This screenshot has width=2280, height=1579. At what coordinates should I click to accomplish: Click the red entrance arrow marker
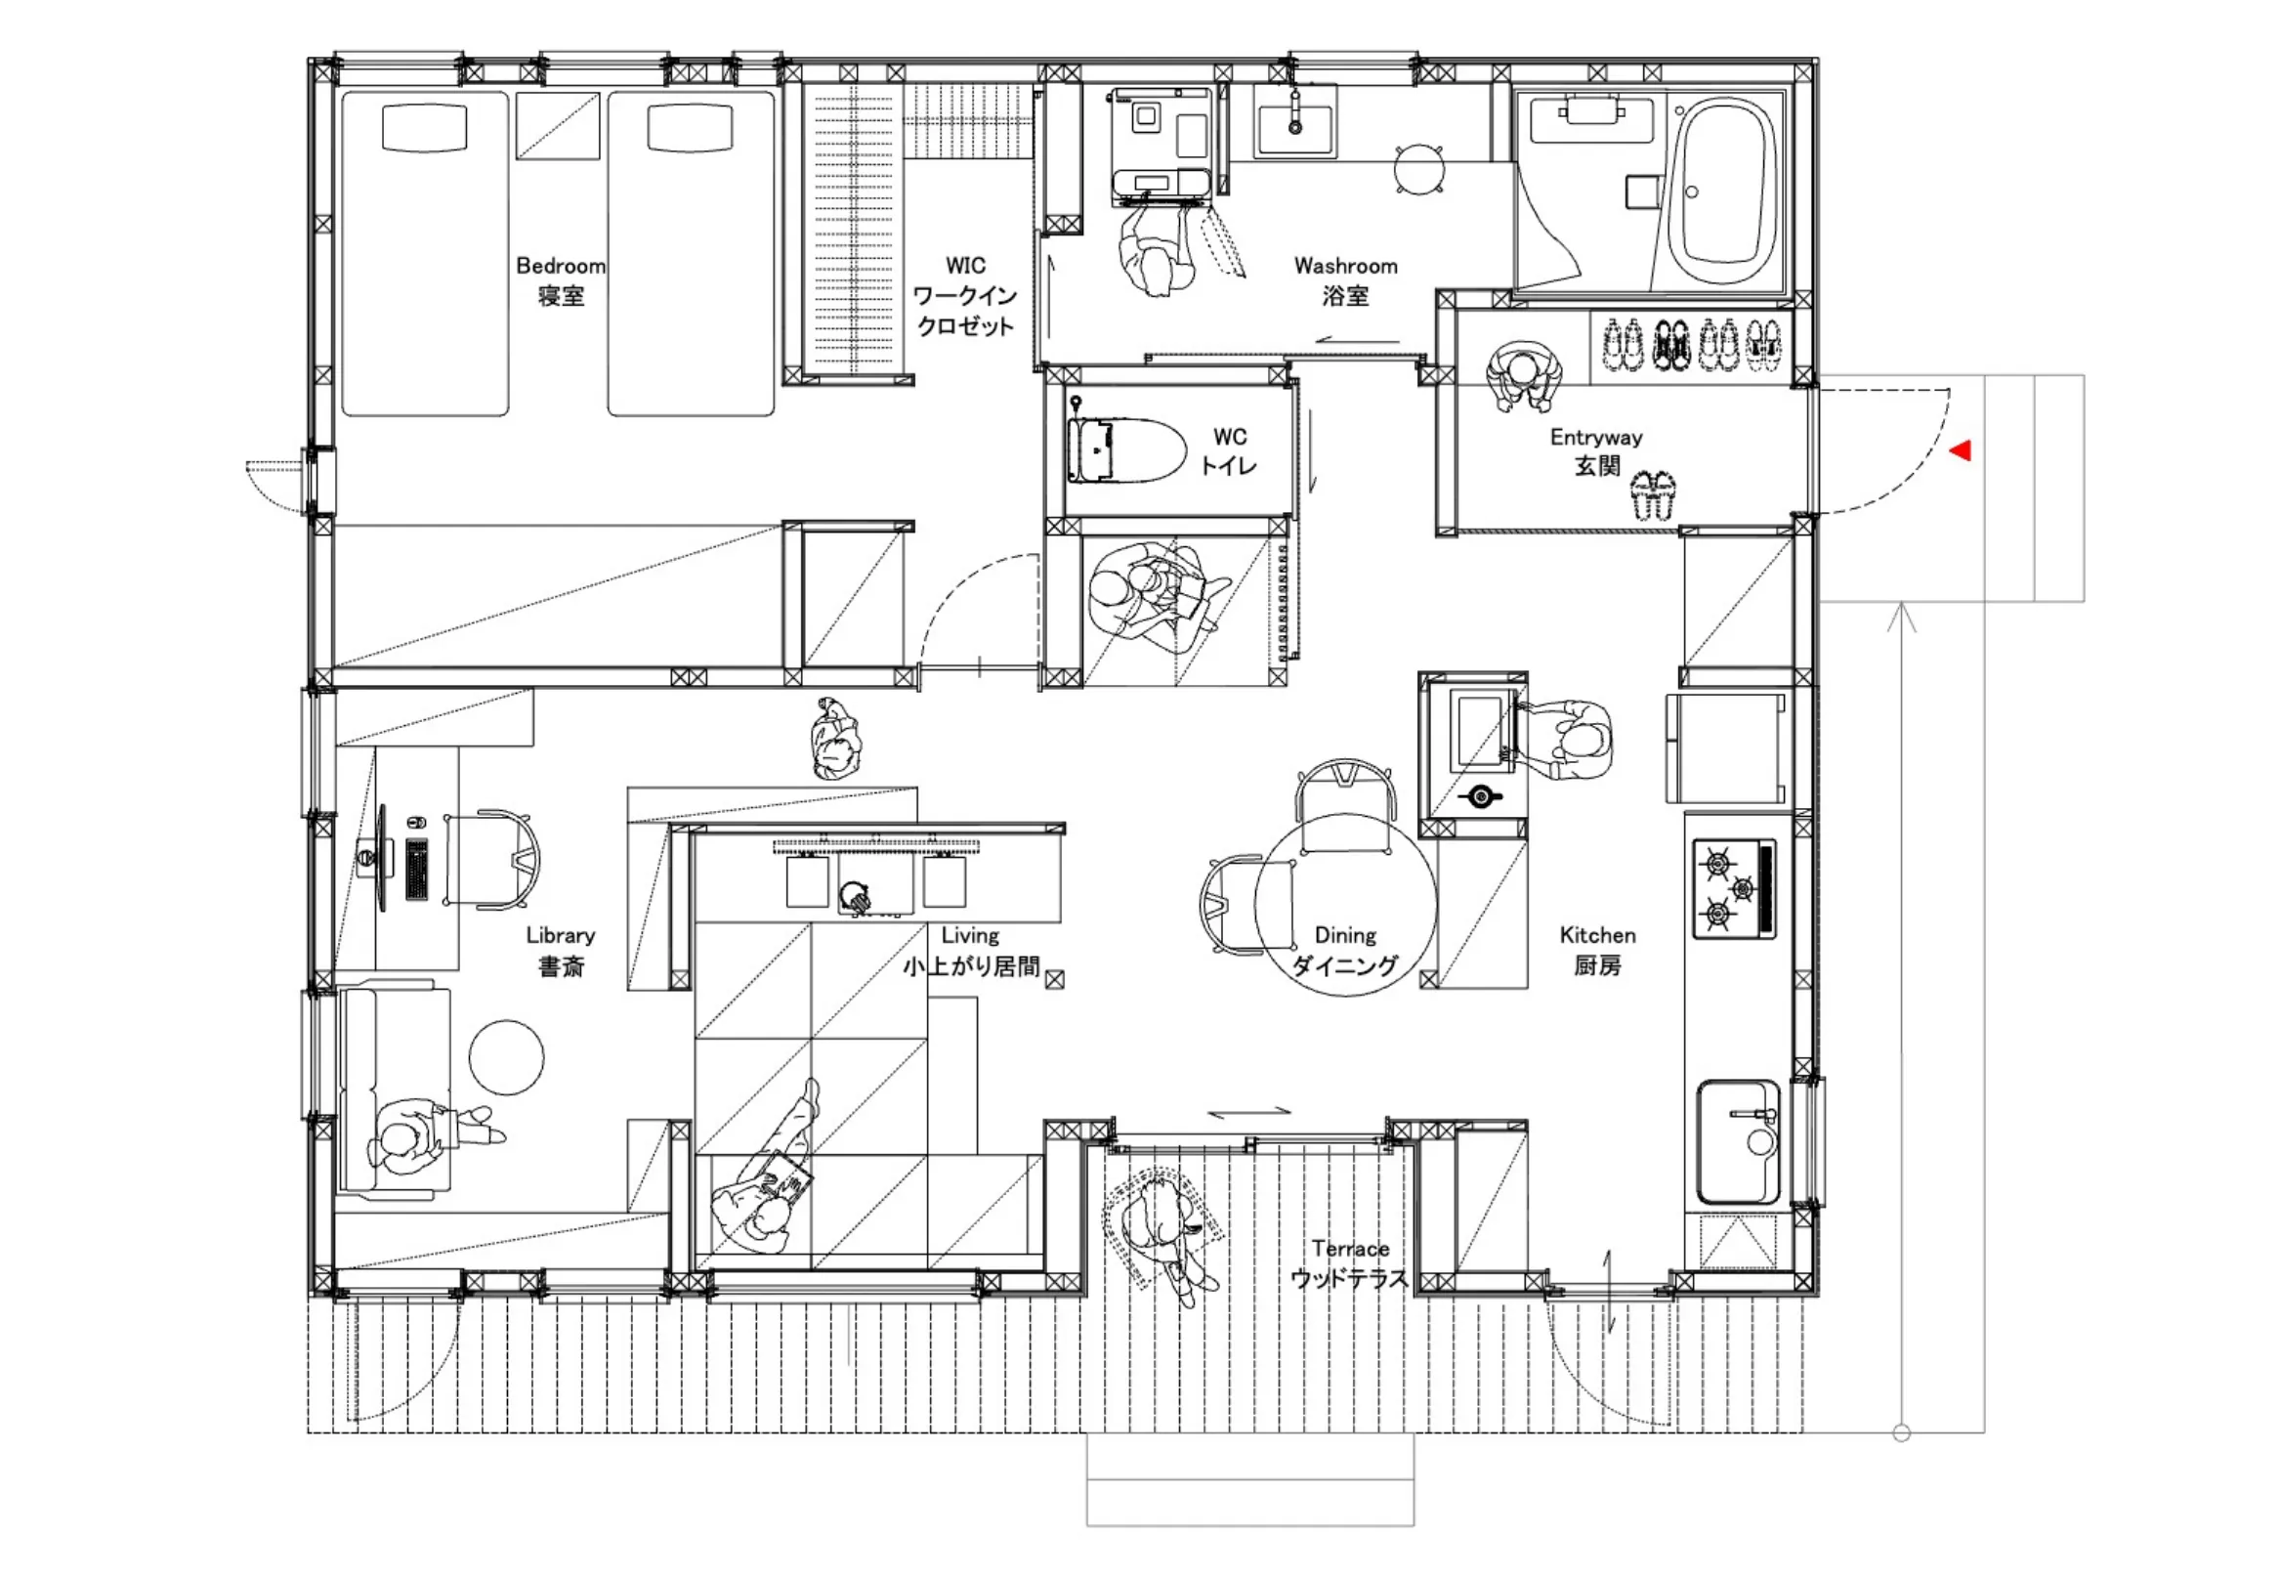pyautogui.click(x=1961, y=451)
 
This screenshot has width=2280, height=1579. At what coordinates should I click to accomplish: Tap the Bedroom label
pyautogui.click(x=561, y=266)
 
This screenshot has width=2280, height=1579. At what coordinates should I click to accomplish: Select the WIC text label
pyautogui.click(x=965, y=266)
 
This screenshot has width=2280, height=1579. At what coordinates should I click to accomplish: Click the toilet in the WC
pyautogui.click(x=1125, y=450)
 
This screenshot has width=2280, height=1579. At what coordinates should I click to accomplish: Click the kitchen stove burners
pyautogui.click(x=1734, y=888)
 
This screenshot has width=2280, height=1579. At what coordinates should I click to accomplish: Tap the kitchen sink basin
pyautogui.click(x=1739, y=1141)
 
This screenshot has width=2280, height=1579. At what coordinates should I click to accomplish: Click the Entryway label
pyautogui.click(x=1595, y=438)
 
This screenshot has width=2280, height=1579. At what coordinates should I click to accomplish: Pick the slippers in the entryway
pyautogui.click(x=1653, y=494)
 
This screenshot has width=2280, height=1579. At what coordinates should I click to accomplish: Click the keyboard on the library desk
pyautogui.click(x=416, y=869)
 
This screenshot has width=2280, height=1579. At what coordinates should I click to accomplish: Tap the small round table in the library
pyautogui.click(x=506, y=1057)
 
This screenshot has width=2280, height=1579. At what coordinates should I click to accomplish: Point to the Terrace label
pyautogui.click(x=1350, y=1249)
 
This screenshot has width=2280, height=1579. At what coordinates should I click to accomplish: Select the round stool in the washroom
pyautogui.click(x=1419, y=169)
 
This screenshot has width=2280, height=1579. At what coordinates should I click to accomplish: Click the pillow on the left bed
pyautogui.click(x=423, y=128)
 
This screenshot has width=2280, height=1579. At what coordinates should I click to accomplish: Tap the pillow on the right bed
pyautogui.click(x=691, y=128)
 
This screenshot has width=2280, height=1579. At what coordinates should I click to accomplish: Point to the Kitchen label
pyautogui.click(x=1596, y=936)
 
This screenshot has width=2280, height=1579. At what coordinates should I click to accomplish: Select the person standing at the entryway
pyautogui.click(x=1523, y=376)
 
